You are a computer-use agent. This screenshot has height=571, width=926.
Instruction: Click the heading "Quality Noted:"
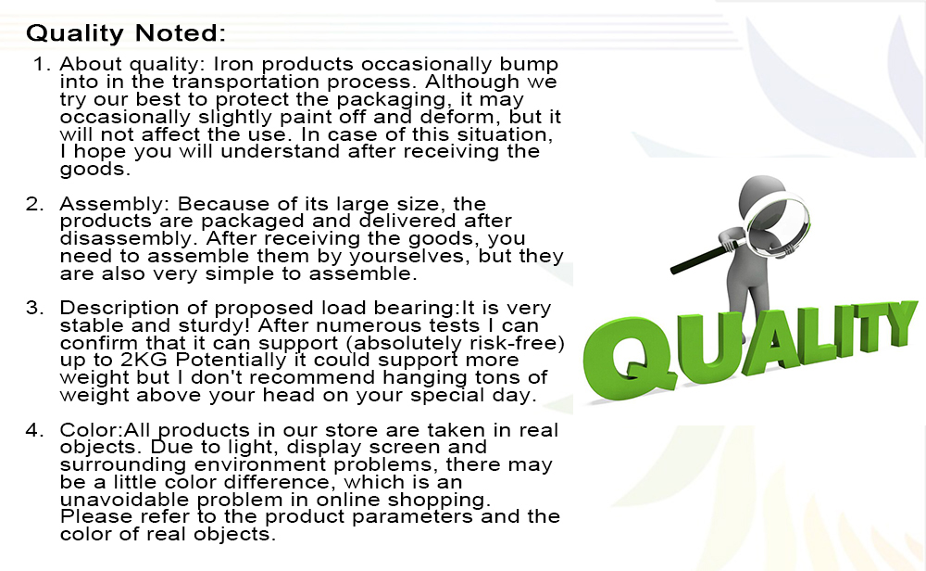(x=126, y=33)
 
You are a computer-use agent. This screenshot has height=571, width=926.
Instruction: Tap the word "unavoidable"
(x=125, y=500)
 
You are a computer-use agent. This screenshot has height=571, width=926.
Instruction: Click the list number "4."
(x=35, y=430)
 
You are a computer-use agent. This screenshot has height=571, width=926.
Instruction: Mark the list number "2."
(x=35, y=204)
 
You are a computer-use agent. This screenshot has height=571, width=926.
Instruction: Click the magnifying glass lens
(x=777, y=224)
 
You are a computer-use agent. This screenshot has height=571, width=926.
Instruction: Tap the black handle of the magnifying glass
(x=700, y=258)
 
